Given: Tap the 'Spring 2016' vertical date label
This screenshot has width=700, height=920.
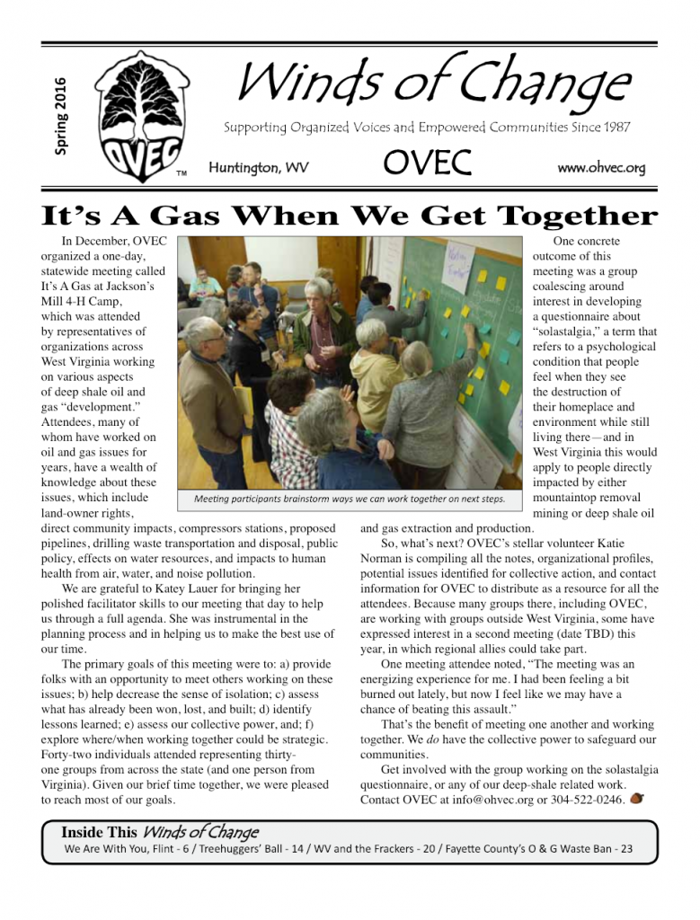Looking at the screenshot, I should click(x=61, y=115).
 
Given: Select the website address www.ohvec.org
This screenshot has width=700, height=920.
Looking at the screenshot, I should click(x=600, y=168).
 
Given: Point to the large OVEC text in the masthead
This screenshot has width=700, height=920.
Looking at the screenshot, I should click(x=428, y=164).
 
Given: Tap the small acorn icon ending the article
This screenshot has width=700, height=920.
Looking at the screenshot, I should click(x=637, y=798).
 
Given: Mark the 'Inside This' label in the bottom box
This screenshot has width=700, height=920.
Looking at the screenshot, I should click(x=99, y=832).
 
